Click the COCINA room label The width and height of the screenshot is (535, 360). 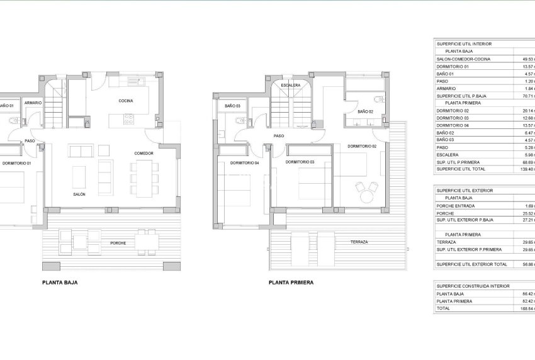click(125, 101)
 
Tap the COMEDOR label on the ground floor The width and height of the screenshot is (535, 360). click(144, 153)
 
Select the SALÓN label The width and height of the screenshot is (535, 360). click(79, 194)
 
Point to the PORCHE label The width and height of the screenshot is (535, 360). click(118, 243)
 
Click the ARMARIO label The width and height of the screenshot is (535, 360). click(33, 102)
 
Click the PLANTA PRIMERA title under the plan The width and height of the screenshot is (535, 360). click(290, 283)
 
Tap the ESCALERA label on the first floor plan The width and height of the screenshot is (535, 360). click(290, 85)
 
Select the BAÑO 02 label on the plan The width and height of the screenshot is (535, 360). click(366, 111)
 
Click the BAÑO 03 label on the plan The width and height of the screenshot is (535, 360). click(233, 106)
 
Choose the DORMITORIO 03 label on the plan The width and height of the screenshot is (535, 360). click(300, 162)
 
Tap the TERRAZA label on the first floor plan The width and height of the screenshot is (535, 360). click(359, 242)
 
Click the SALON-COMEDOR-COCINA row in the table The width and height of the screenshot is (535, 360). click(464, 59)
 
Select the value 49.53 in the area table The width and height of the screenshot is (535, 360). click(526, 59)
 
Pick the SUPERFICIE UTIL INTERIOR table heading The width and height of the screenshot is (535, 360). click(465, 44)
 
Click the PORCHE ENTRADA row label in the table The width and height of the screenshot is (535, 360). click(456, 205)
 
